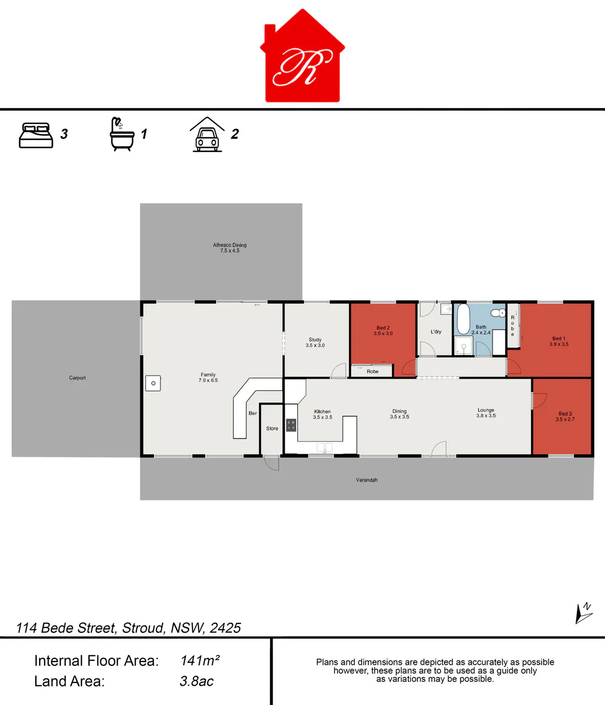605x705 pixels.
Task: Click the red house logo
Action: [x=302, y=56]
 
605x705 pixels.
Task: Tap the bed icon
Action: [x=36, y=135]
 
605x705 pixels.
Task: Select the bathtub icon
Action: [x=122, y=134]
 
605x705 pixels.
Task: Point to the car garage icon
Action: [x=207, y=134]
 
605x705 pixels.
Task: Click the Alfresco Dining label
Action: [x=229, y=247]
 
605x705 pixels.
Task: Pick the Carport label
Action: [x=77, y=378]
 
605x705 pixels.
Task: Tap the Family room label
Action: [x=208, y=377]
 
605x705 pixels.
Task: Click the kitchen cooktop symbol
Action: [x=291, y=426]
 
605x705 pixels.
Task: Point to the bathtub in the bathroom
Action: [x=463, y=319]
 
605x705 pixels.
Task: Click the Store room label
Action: [x=272, y=428]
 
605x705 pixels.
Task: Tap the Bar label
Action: [x=253, y=413]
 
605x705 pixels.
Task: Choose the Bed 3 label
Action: [x=565, y=417]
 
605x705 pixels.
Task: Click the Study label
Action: [x=315, y=342]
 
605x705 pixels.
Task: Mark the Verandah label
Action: [x=367, y=480]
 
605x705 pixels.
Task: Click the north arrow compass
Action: [x=584, y=613]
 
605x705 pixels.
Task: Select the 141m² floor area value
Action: [x=200, y=661]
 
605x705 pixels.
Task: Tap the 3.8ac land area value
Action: [x=196, y=681]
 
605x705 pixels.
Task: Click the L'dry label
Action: [x=436, y=331]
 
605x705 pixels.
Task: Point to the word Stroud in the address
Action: [x=143, y=628]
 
